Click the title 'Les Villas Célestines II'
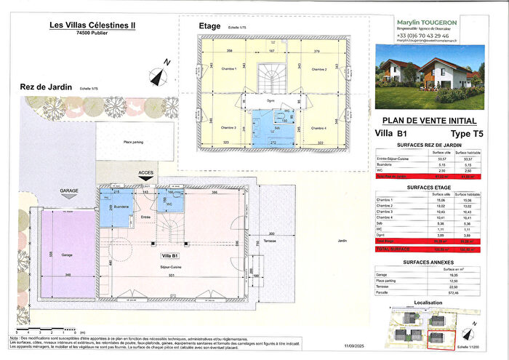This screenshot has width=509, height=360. coord(96,25)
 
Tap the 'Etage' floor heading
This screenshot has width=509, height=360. coord(209,27)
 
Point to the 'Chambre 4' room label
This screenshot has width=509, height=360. coord(318,128)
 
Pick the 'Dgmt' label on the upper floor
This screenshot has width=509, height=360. coord(270,100)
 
